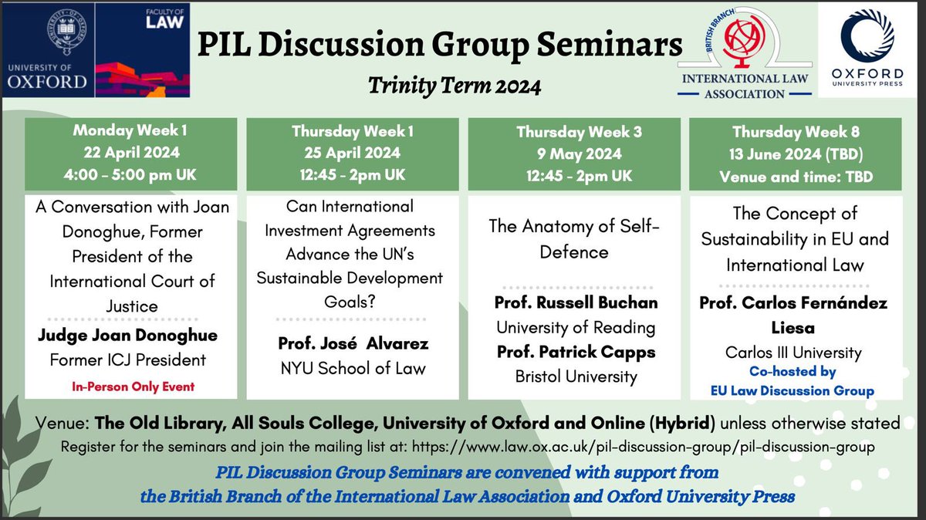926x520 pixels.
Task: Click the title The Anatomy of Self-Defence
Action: (x=575, y=240)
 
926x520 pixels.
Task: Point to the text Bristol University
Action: (x=575, y=376)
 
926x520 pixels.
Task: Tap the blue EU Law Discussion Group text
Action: (x=793, y=390)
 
